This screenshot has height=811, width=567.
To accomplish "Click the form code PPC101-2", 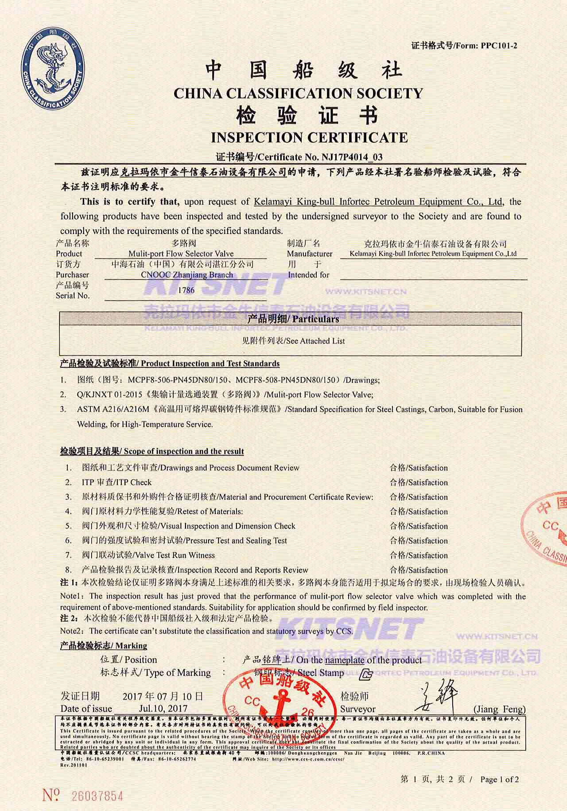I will pos(499,45).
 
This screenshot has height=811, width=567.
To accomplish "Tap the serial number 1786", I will pos(186,290).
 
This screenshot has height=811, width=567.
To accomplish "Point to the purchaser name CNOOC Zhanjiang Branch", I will pos(187,275).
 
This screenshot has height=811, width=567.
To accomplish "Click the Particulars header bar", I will pos(291,319).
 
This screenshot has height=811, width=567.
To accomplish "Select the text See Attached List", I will pos(316,341).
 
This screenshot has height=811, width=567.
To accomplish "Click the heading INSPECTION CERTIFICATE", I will pos(309,138).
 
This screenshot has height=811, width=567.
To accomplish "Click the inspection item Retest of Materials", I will pos(210,511).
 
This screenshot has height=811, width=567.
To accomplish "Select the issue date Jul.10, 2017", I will pos(163,708).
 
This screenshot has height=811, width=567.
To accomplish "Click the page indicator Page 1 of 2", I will pos(499,779).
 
